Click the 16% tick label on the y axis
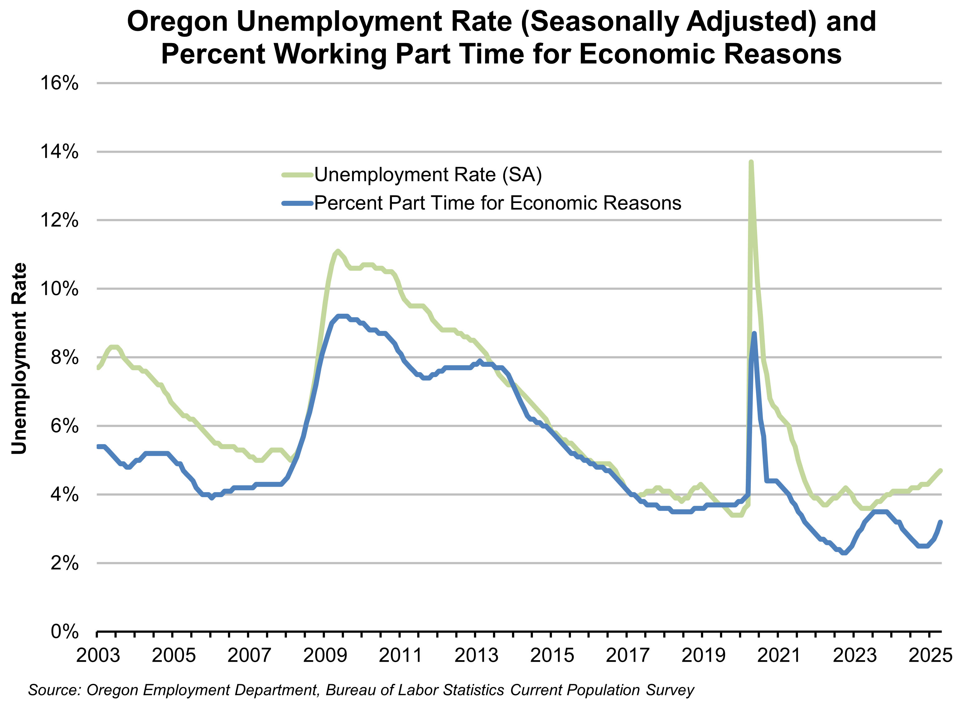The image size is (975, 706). coord(59,83)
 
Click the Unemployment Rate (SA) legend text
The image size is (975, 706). coord(428,175)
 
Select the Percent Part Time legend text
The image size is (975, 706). coord(497,203)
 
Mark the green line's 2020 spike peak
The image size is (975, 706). coord(751,162)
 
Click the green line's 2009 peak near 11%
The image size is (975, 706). coord(338,251)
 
